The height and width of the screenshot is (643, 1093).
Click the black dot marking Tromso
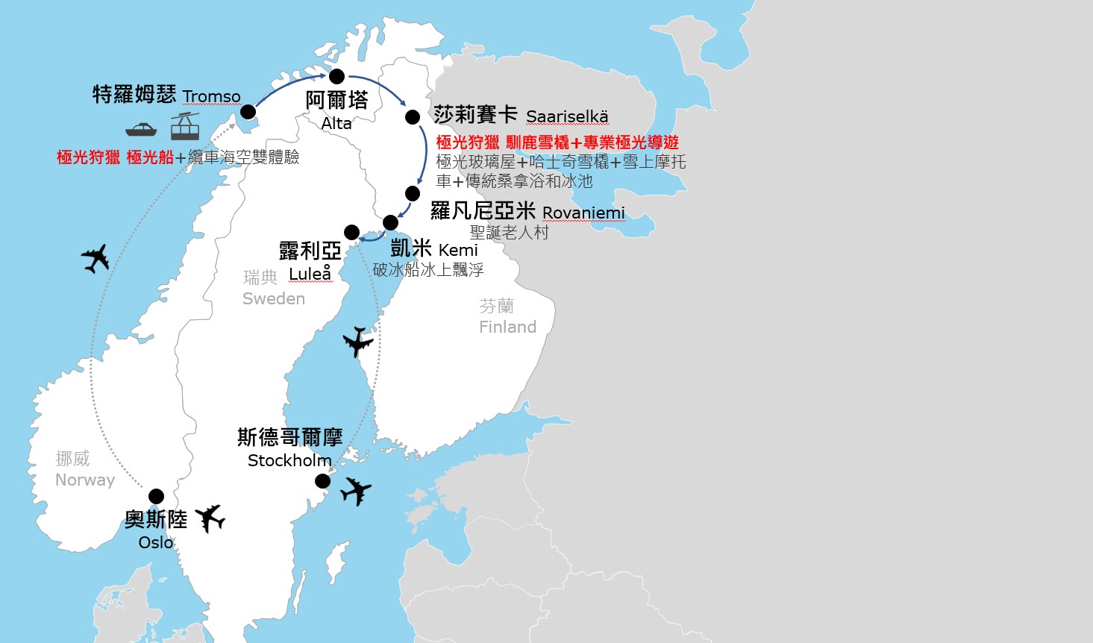[248, 112]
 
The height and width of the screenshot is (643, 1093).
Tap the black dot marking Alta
[336, 76]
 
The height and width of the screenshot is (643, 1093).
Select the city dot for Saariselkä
[413, 117]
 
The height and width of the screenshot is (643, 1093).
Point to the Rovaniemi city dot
[413, 193]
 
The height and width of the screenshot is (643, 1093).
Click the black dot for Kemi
[390, 222]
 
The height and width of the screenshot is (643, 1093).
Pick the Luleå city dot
[351, 232]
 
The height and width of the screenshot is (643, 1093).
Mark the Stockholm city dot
[322, 481]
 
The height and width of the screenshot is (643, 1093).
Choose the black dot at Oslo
[156, 496]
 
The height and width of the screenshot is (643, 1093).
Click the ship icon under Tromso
[141, 128]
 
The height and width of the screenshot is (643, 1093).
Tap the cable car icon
[185, 126]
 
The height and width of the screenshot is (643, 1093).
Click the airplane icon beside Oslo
[210, 518]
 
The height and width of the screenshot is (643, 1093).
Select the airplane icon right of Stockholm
[356, 491]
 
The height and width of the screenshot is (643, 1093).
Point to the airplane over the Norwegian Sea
[95, 258]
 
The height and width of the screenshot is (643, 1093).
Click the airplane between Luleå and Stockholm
[358, 342]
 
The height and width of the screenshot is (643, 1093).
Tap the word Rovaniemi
[583, 213]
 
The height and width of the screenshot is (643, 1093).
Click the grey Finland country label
[507, 327]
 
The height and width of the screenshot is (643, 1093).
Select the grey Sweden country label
[274, 298]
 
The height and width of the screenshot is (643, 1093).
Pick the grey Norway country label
[85, 480]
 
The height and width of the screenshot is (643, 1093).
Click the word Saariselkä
[567, 116]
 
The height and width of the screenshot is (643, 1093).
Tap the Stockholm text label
[289, 460]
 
